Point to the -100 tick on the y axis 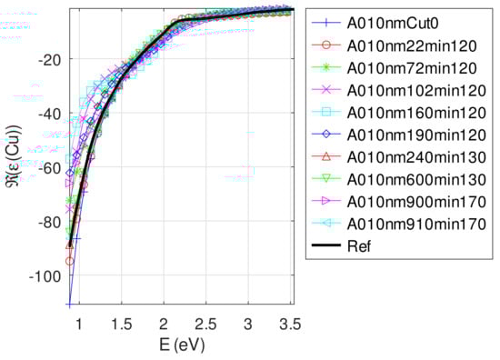coord(48,276)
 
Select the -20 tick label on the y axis coord(52,59)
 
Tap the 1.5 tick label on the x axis coord(121,325)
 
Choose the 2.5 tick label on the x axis coord(206,325)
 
